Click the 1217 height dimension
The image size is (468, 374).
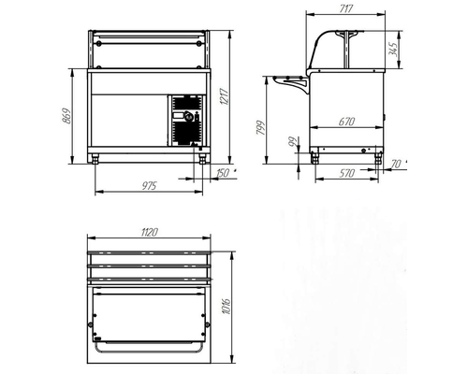(225, 96)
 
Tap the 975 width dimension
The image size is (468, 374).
(149, 186)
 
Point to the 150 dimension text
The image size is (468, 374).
(223, 173)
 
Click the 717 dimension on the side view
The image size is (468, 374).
(345, 8)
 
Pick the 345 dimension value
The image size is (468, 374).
(393, 50)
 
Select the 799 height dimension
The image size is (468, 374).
(260, 127)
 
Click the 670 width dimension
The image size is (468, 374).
(346, 122)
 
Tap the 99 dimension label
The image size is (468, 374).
(293, 143)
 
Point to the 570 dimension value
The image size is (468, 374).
(346, 173)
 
